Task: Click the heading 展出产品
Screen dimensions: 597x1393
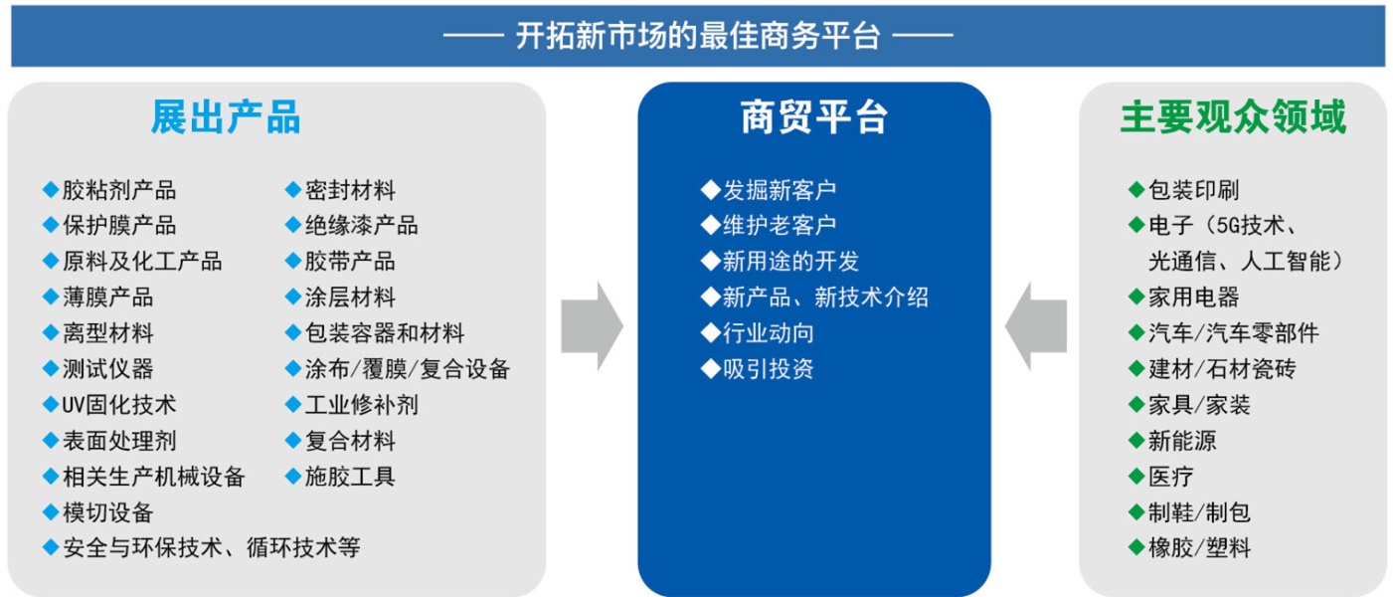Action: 225,118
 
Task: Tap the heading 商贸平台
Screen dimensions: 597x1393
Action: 813,118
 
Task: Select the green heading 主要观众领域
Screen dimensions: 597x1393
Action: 1233,118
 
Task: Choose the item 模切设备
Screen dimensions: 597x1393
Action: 107,512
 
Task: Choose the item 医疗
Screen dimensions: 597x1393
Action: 1171,477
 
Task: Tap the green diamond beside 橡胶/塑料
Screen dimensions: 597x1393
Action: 1136,547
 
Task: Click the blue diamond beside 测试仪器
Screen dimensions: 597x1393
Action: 51,369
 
